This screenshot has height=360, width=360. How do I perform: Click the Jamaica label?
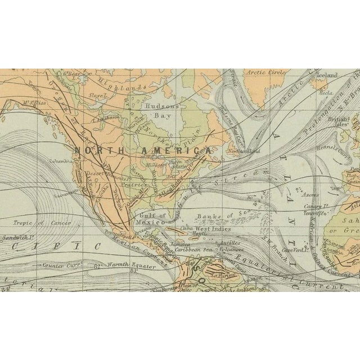(181, 246)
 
